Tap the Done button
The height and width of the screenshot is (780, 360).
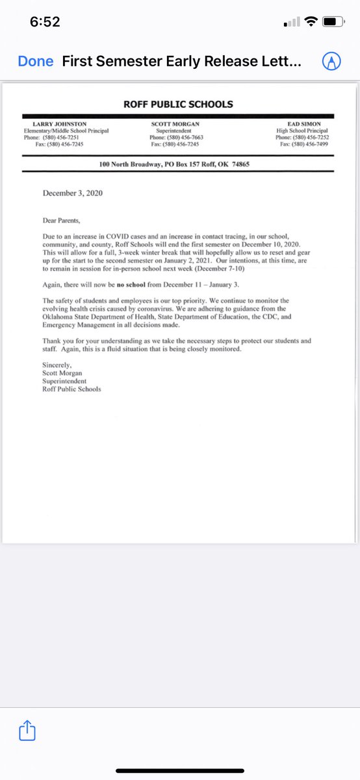click(36, 62)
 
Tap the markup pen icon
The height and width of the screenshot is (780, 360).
click(332, 62)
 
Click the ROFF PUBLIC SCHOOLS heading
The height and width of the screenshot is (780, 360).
click(178, 104)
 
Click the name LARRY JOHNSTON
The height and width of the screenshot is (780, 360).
click(60, 124)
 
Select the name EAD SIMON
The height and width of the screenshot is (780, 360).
click(307, 124)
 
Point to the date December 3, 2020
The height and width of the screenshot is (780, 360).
click(72, 193)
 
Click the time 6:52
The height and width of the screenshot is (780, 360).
click(45, 22)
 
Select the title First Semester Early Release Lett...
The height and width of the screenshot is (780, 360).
click(181, 62)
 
